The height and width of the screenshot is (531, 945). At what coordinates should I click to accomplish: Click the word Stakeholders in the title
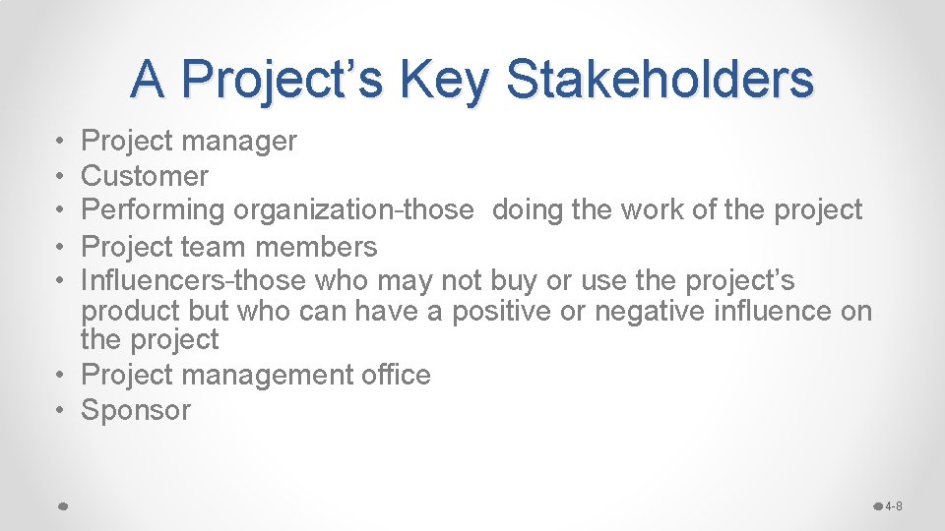pyautogui.click(x=660, y=79)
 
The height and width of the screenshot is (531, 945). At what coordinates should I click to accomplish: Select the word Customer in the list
pyautogui.click(x=145, y=176)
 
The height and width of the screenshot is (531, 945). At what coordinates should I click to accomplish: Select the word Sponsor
pyautogui.click(x=136, y=410)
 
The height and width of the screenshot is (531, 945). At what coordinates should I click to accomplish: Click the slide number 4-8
pyautogui.click(x=894, y=506)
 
